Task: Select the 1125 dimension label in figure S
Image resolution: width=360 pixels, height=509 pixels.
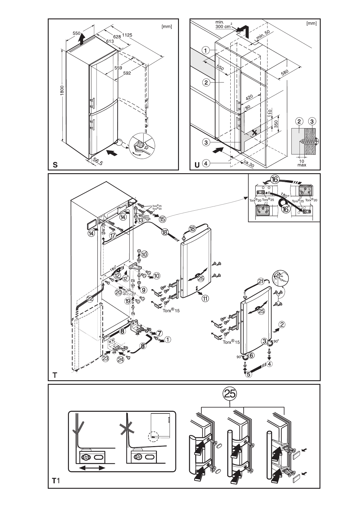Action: point(127,35)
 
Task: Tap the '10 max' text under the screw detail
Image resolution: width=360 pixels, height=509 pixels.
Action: point(302,163)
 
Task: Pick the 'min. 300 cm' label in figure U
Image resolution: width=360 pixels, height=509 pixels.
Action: point(223,24)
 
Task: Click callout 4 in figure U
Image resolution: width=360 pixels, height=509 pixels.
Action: point(206,164)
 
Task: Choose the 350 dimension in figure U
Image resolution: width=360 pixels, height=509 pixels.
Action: point(275,124)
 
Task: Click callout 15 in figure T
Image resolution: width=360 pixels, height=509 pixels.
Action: point(163,219)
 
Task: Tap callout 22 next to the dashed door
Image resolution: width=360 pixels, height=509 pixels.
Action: point(90,298)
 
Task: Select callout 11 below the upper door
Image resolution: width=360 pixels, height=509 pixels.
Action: point(205,299)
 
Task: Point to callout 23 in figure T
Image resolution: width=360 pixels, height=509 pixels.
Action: point(105,359)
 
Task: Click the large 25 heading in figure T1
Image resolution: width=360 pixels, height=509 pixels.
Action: point(230,394)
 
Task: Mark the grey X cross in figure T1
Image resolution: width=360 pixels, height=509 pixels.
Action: point(127,429)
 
